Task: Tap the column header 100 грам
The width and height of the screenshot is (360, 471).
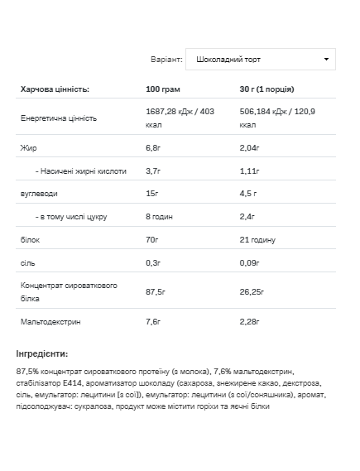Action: pos(163,89)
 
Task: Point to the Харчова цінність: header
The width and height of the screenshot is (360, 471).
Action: pos(55,89)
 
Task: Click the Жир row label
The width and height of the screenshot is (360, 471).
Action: pos(28,147)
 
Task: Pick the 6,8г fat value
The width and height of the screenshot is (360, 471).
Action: pos(154,147)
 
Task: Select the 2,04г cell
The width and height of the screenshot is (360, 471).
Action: pos(249,147)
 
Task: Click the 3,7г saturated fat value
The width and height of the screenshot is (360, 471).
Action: pos(154,171)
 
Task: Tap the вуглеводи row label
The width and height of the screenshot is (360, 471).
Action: pos(39,194)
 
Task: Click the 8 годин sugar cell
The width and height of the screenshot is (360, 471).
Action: pos(161,217)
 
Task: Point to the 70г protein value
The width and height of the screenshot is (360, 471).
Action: pos(153,240)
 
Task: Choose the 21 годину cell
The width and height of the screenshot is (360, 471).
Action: pos(257,240)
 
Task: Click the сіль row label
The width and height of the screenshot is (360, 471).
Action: pos(28,263)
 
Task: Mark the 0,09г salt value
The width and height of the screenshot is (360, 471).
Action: pos(249,263)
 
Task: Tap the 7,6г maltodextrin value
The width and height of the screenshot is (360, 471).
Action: pos(154,319)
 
